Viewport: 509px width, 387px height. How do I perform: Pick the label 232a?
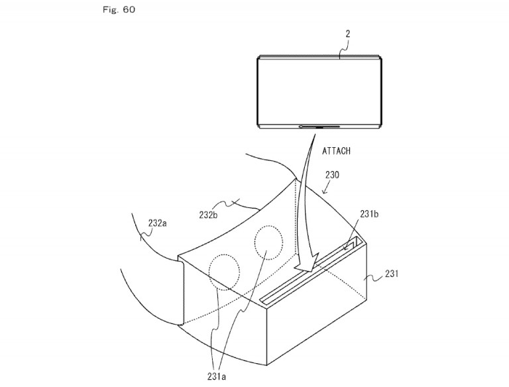point(156,224)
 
